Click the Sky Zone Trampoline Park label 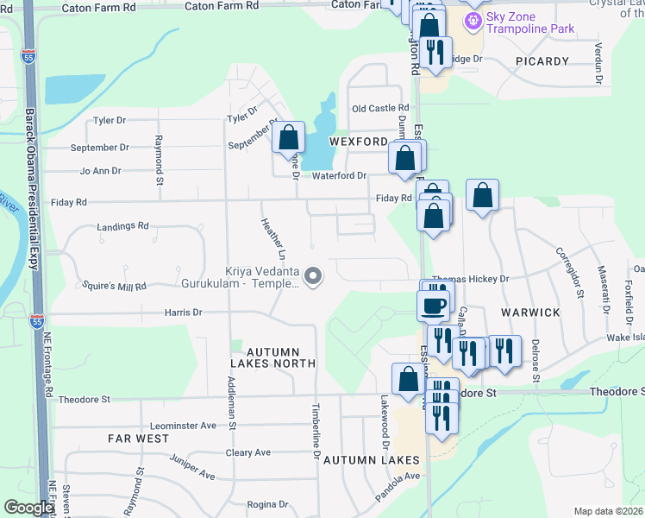(529, 23)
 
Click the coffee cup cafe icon (433, 304)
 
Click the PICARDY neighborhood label (542, 61)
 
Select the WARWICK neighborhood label (530, 312)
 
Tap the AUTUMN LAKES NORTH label (272, 358)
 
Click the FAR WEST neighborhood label (138, 439)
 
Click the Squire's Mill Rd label (111, 286)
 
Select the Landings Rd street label (123, 226)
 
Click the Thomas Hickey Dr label (471, 280)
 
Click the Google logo (28, 509)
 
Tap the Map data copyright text (609, 511)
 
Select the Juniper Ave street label (193, 467)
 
